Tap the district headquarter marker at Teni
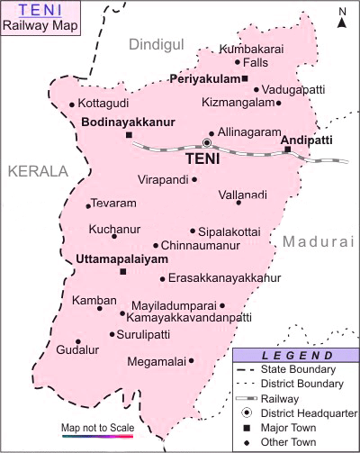[207, 142]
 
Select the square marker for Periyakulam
[245, 79]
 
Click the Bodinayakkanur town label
[127, 122]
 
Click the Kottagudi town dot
[72, 104]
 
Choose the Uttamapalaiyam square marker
[123, 271]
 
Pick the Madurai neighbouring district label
[319, 242]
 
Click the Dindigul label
[155, 44]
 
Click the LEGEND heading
[296, 356]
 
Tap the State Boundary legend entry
[298, 369]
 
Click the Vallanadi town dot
[238, 202]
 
